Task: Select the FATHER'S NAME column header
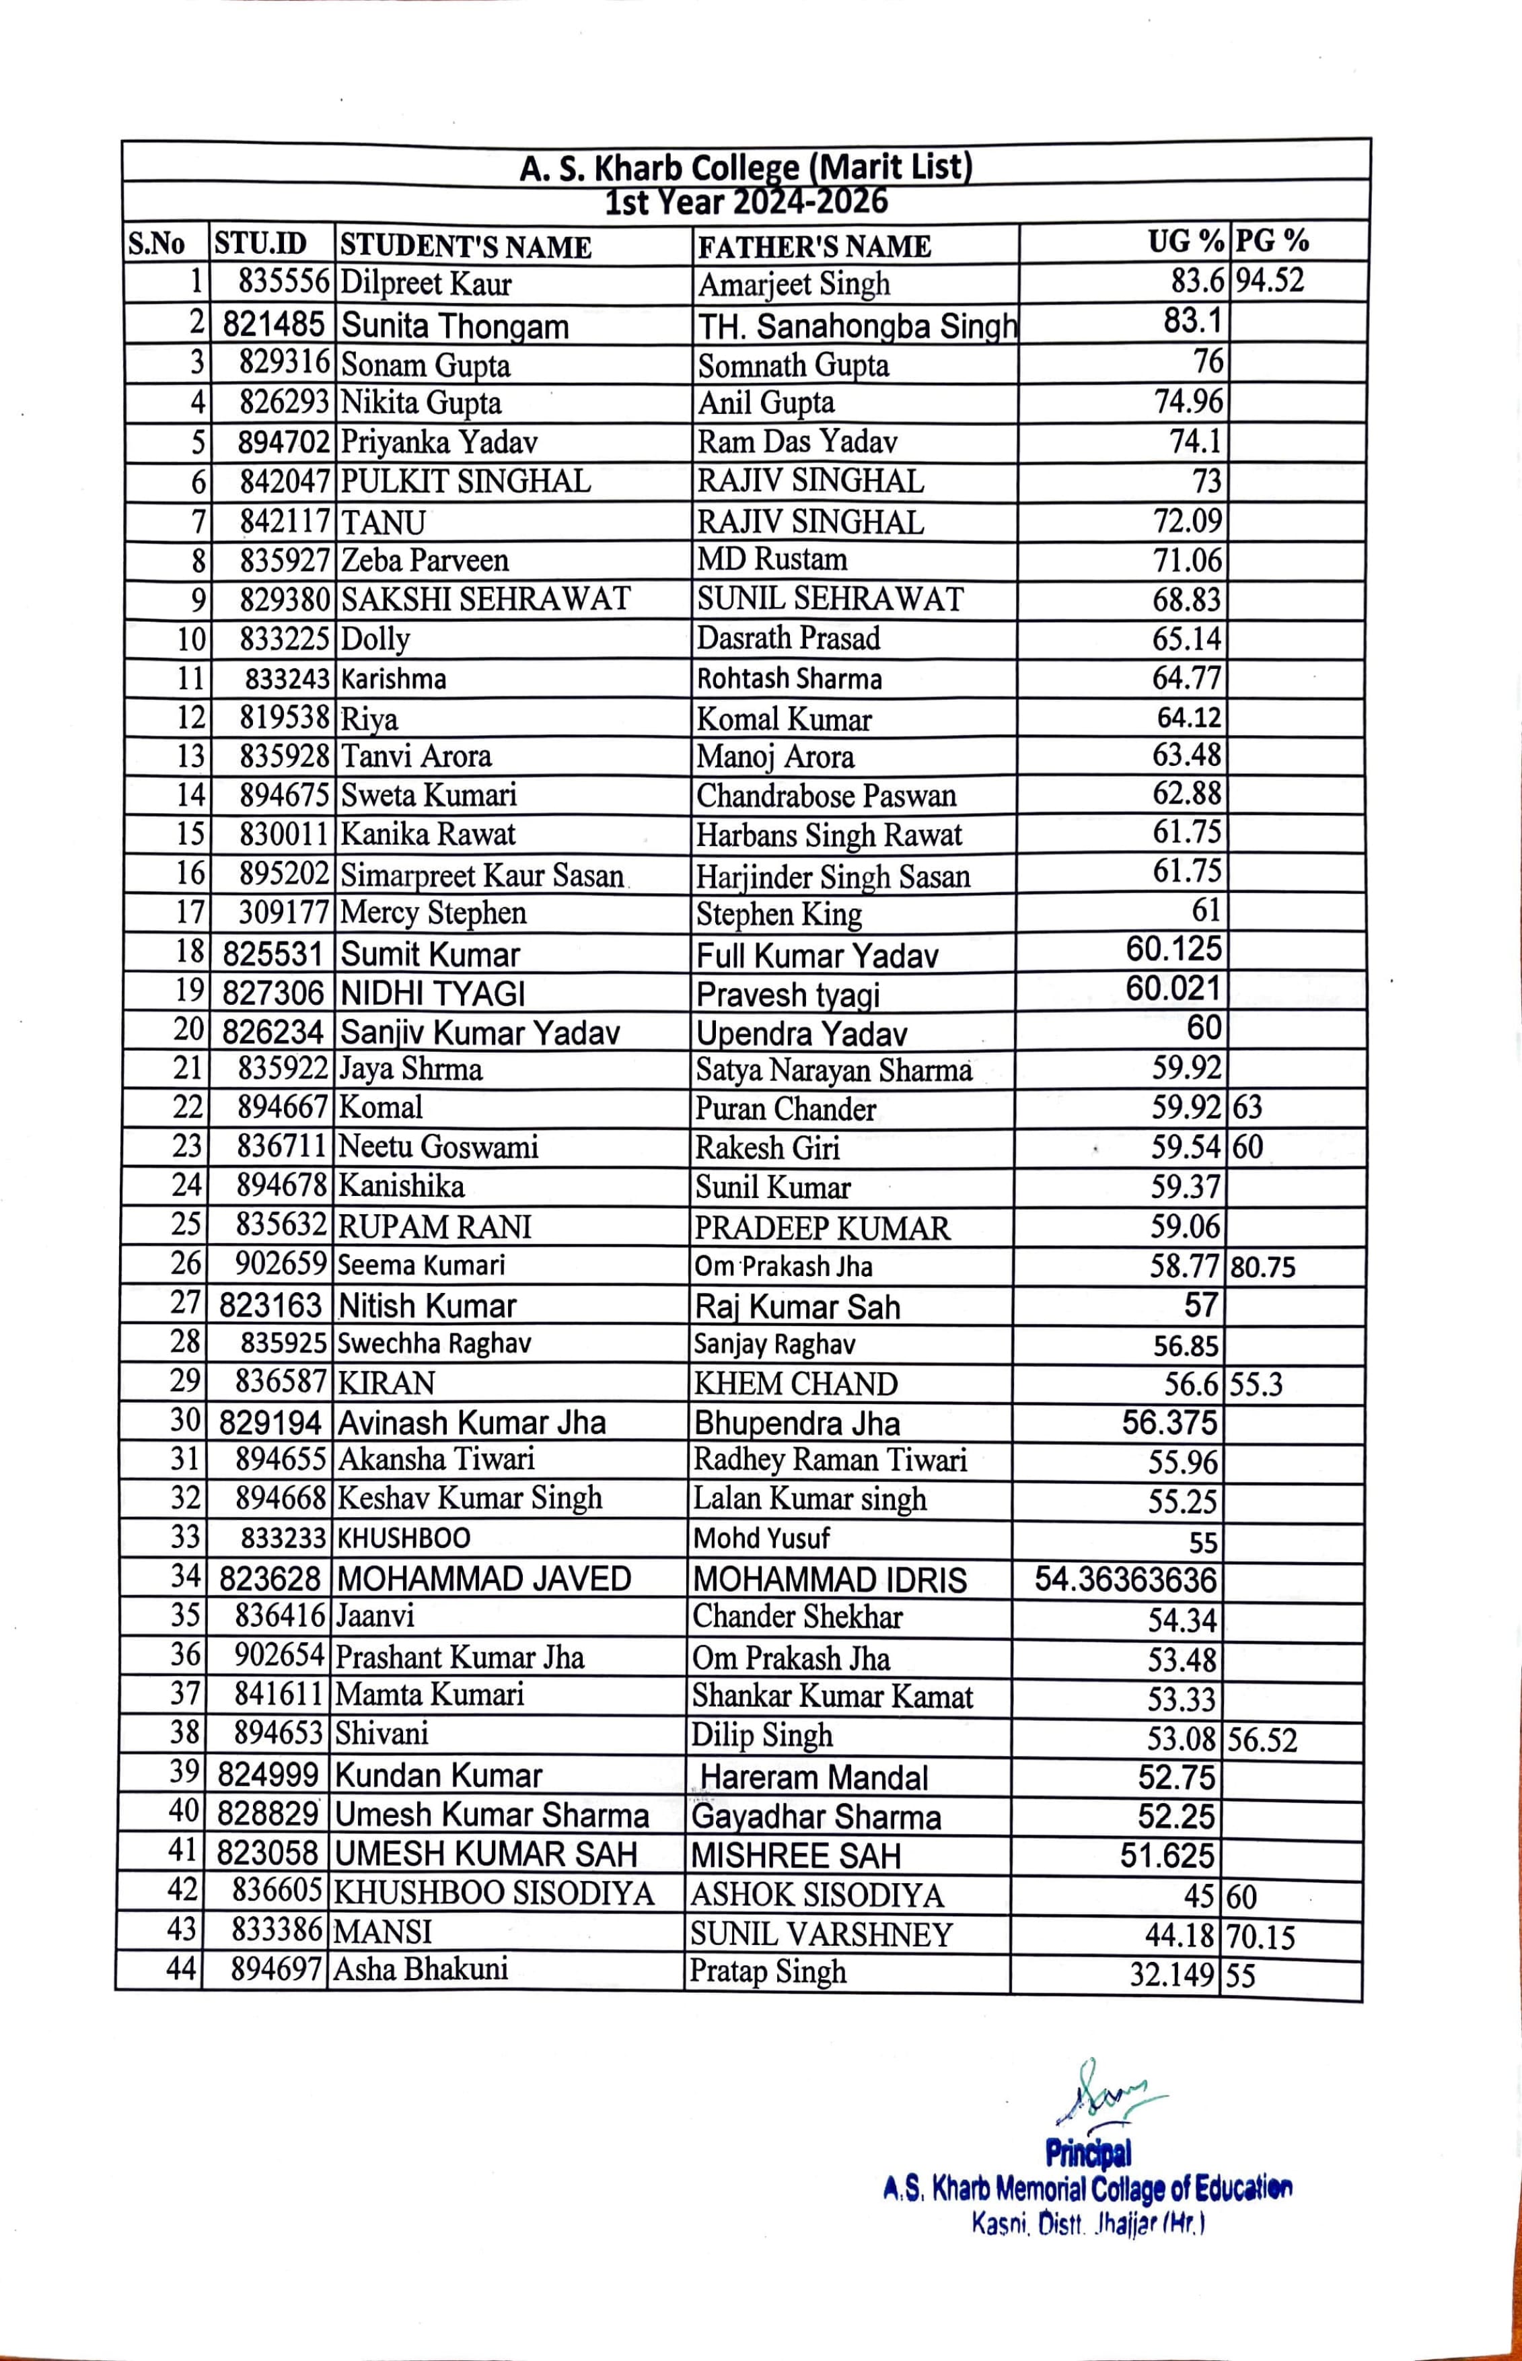(x=814, y=246)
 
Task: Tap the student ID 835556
(x=284, y=283)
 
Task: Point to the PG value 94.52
(x=1270, y=281)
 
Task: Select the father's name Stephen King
(x=778, y=914)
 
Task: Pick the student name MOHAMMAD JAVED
(x=483, y=1578)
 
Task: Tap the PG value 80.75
(x=1262, y=1267)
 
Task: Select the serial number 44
(x=182, y=1969)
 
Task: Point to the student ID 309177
(x=283, y=912)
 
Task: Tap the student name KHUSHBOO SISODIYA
(x=494, y=1893)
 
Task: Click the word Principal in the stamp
(x=1088, y=2152)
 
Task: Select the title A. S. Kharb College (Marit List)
(x=746, y=167)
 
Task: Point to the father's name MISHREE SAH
(x=795, y=1855)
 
